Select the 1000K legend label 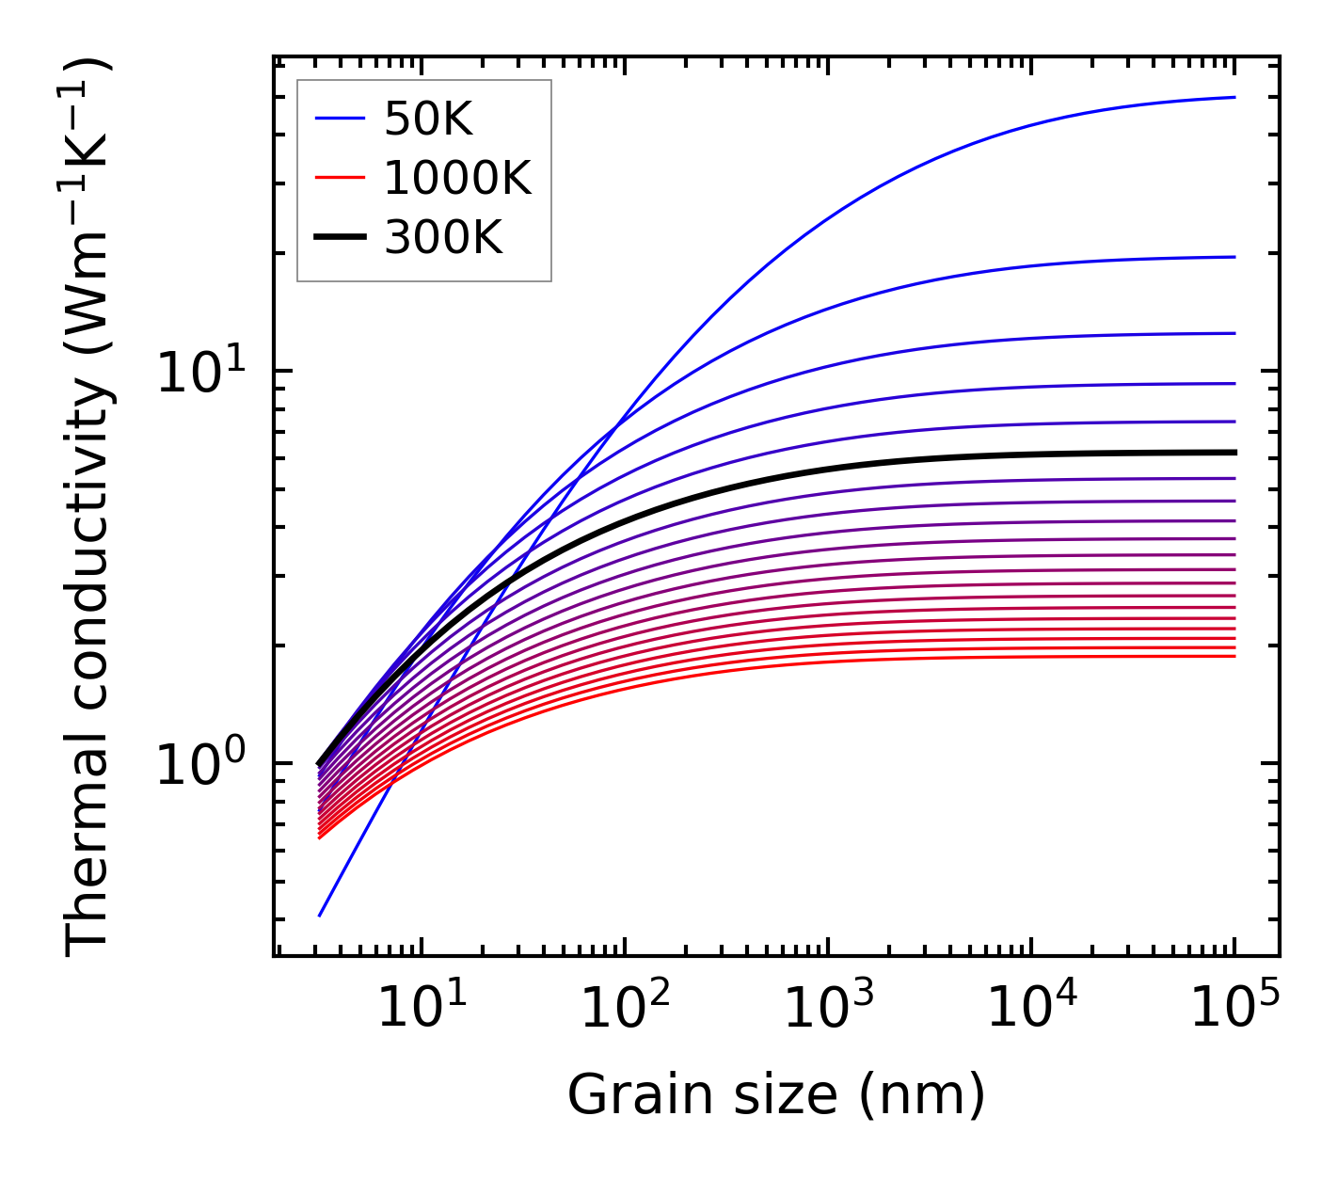point(457,178)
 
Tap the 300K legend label point(443,238)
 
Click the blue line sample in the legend point(339,119)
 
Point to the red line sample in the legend point(339,178)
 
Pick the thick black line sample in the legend point(339,238)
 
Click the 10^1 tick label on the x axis point(421,1009)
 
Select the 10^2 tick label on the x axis point(625,1009)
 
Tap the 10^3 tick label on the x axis point(828,1009)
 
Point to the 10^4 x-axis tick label point(1031,1009)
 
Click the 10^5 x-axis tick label point(1234,1009)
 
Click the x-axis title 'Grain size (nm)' point(776,1095)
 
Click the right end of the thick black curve point(1234,453)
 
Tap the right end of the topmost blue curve point(1234,97)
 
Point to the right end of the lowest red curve point(1234,656)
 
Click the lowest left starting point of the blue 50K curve point(320,916)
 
